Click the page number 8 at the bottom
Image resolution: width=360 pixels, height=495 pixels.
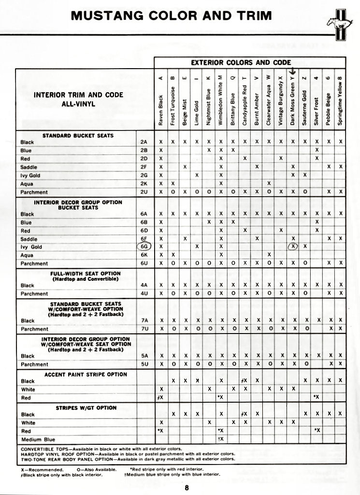pos(186,487)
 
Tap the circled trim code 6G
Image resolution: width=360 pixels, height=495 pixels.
pos(144,246)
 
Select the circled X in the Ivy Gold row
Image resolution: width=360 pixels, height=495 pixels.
pos(293,246)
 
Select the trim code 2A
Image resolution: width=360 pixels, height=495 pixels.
pos(144,142)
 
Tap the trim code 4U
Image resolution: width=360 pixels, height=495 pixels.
pos(144,293)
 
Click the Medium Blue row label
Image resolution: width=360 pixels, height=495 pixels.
pos(38,439)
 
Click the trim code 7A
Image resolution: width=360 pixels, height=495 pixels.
pos(144,320)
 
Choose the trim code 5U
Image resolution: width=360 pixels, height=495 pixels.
pos(144,364)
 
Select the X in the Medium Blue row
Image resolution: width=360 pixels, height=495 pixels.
pos(221,439)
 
